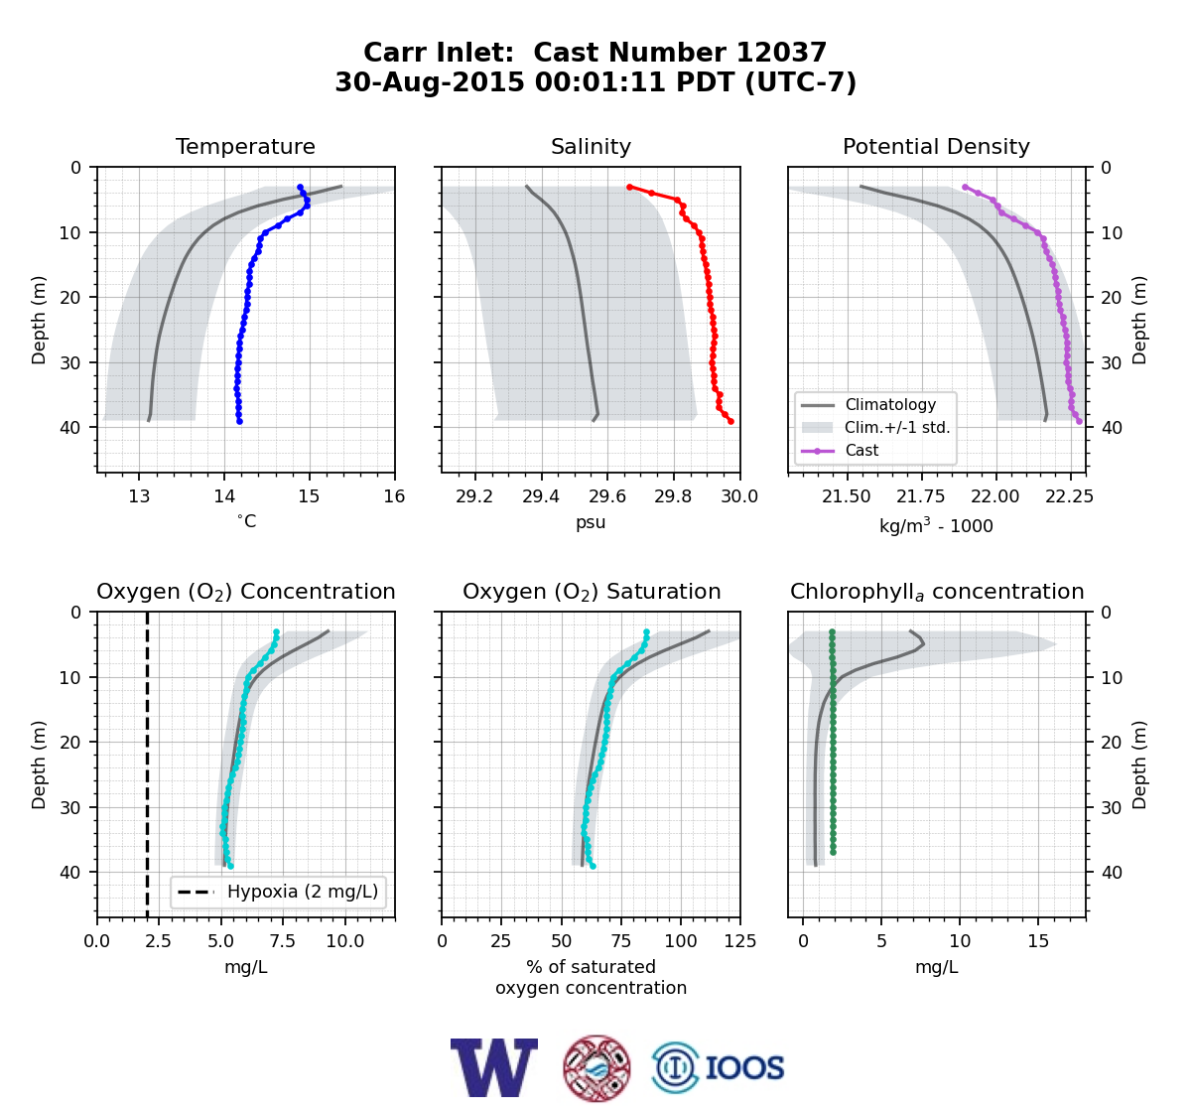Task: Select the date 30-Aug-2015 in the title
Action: [430, 82]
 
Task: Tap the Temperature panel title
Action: [245, 146]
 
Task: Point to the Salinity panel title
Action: [591, 146]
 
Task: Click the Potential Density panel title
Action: [936, 146]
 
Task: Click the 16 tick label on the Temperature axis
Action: [395, 496]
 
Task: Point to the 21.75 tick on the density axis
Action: [920, 496]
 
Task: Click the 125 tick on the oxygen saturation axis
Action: [740, 941]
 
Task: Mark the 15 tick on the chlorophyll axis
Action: [1039, 941]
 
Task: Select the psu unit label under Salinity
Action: [591, 522]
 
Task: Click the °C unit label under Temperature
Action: [246, 521]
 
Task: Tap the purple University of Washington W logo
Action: [494, 1067]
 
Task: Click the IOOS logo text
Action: [744, 1068]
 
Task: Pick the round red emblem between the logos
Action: [596, 1068]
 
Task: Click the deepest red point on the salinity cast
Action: [731, 421]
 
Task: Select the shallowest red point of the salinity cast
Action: [629, 188]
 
